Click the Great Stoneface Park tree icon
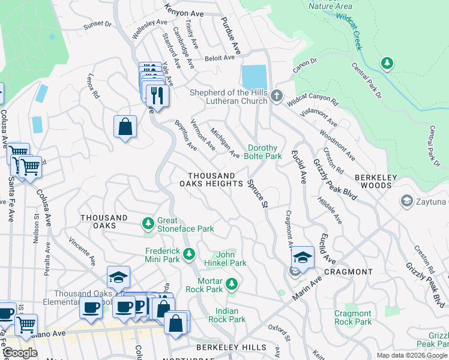pyautogui.click(x=148, y=224)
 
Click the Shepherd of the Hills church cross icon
pyautogui.click(x=276, y=96)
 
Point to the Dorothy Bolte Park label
pyautogui.click(x=265, y=152)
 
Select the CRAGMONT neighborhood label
pyautogui.click(x=349, y=272)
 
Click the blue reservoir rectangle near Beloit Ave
pyautogui.click(x=254, y=77)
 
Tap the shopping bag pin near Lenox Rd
pyautogui.click(x=125, y=127)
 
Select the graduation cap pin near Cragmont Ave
pyautogui.click(x=303, y=257)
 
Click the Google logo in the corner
pyautogui.click(x=20, y=353)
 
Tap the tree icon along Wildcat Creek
pyautogui.click(x=387, y=63)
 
